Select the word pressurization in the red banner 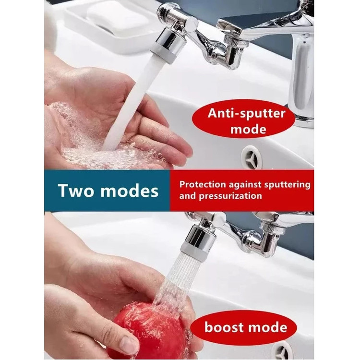tap(230, 196)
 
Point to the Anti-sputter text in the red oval tap(246, 113)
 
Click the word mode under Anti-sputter tap(248, 129)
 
